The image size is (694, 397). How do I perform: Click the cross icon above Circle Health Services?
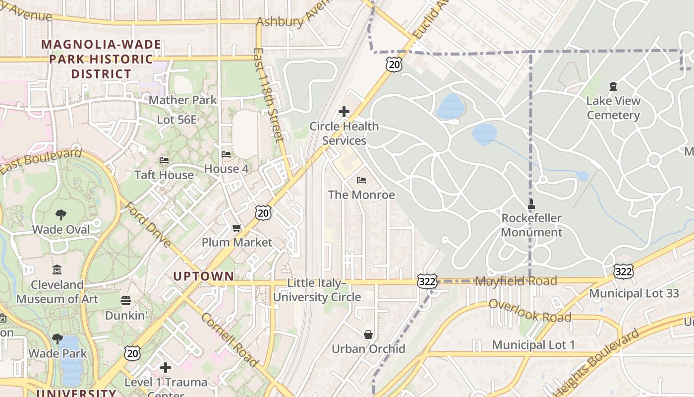coord(344,112)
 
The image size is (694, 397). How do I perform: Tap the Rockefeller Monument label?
coord(531,225)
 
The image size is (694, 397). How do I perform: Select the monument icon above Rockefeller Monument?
coord(531,203)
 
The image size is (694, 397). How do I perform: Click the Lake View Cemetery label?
coord(613,108)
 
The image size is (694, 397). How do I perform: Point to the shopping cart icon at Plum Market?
coord(237,228)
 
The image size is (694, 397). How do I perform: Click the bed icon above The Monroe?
coord(361,180)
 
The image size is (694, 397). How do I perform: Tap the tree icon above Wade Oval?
coord(61,215)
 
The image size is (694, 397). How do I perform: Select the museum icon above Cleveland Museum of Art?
coord(57,270)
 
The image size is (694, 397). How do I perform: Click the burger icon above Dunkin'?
coord(126,301)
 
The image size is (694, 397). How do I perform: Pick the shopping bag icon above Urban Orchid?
coord(368,334)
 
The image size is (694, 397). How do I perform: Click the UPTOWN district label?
coord(203,276)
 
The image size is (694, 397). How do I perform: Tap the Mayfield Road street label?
coord(516,281)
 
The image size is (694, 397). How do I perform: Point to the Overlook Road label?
coord(530,311)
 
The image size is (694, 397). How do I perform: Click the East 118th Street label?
coord(268,94)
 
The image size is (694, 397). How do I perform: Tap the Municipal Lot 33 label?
coord(634,293)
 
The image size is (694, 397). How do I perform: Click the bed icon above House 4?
coord(226,154)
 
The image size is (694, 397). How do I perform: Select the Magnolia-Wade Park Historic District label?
coord(101,59)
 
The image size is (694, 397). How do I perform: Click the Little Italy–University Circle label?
coord(317,290)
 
